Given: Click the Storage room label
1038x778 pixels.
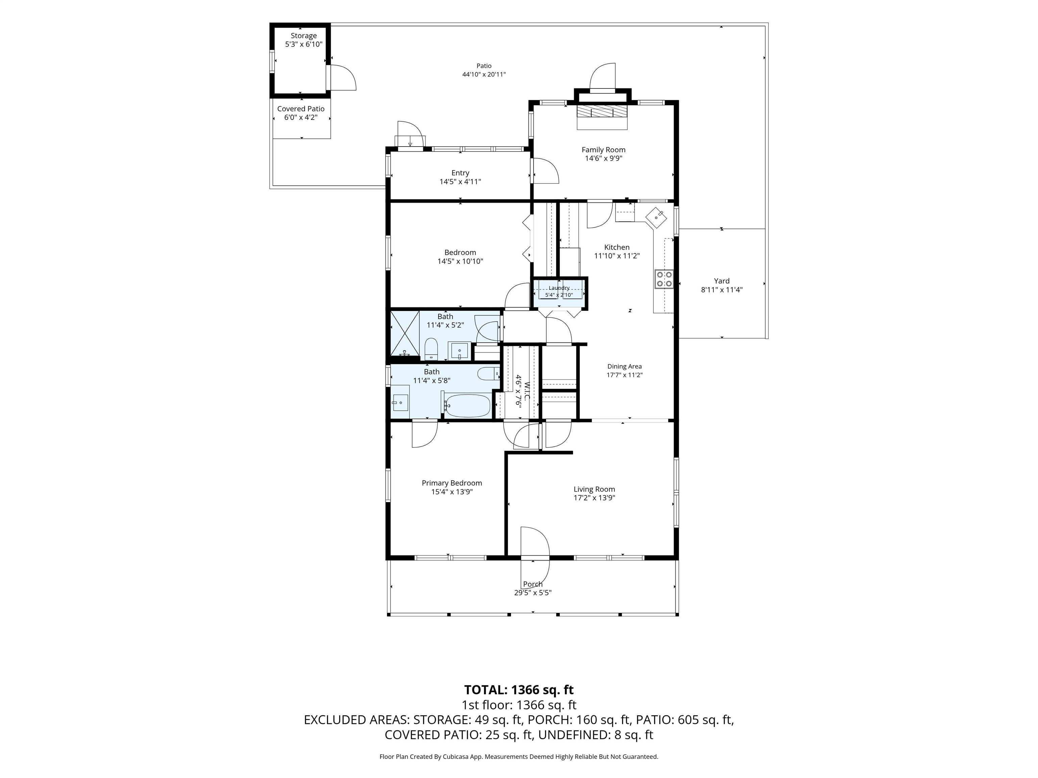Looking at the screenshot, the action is (304, 36).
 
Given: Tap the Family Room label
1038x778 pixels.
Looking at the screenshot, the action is (603, 150).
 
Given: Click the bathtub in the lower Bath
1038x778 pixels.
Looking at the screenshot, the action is (467, 405).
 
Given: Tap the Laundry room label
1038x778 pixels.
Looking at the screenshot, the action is (559, 288).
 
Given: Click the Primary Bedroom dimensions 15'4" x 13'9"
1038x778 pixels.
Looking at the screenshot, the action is (452, 492).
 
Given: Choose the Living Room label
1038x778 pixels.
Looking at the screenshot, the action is (594, 489).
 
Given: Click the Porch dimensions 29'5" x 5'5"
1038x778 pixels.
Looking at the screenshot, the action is (533, 593).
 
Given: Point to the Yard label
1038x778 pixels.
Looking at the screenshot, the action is (722, 281).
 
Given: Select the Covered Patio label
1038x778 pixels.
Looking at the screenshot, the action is (301, 109).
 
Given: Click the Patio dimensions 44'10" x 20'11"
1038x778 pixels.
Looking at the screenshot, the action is (484, 74).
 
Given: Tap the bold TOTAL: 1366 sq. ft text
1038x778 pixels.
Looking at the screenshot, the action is (519, 690).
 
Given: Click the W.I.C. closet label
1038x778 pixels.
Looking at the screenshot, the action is (526, 391).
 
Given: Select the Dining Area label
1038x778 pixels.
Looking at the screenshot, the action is (624, 367).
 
